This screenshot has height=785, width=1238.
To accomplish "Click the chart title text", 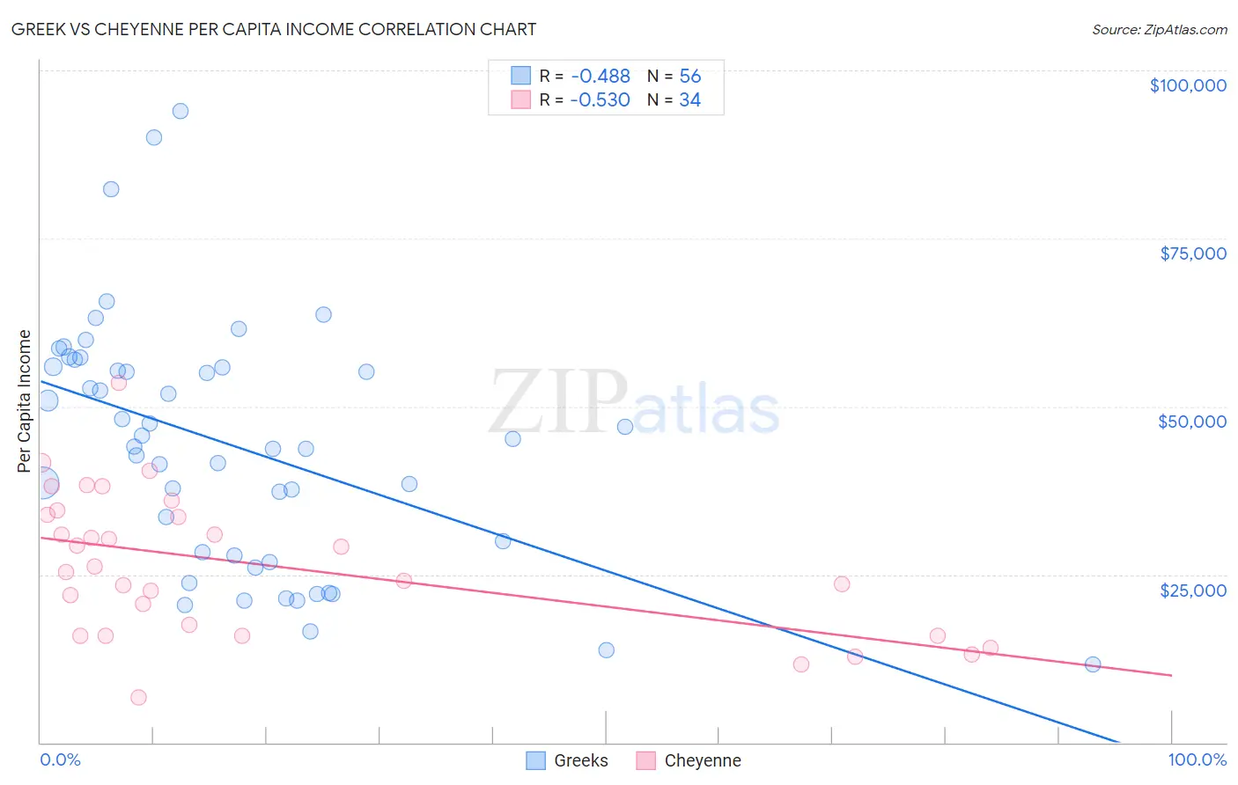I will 273,29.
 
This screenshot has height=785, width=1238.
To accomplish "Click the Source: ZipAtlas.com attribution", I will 1159,30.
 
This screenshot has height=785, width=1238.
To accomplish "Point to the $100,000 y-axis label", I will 1188,85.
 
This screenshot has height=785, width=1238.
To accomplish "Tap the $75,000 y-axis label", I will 1193,253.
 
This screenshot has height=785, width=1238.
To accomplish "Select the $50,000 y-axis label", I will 1192,422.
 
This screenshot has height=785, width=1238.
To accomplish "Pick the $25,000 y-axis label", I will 1193,591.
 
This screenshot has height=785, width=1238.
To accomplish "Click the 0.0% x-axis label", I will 60,759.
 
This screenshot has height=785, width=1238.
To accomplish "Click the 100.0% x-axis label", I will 1197,759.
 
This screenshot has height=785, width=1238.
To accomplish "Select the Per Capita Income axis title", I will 25,401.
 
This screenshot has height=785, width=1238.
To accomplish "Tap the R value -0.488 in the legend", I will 600,77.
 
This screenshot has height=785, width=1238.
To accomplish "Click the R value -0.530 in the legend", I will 600,100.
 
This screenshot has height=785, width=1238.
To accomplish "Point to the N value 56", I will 689,77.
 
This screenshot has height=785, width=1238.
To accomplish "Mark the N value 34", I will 689,100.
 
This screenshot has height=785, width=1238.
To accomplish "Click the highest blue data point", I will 181,111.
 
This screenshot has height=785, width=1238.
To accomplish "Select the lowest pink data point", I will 138,698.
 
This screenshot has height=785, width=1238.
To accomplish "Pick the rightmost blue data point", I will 1093,664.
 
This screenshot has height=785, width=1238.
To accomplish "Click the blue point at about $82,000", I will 111,189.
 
